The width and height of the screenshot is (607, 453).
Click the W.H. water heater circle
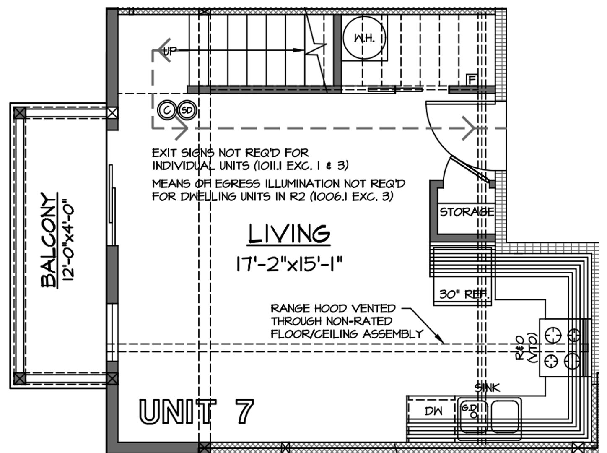tap(364, 37)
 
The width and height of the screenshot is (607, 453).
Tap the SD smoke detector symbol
tap(187, 110)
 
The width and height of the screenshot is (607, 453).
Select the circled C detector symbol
tap(167, 110)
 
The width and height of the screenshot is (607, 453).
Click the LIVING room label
tap(289, 234)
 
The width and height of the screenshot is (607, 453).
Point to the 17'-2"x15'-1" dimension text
tap(289, 264)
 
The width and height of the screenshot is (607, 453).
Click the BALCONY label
tap(49, 240)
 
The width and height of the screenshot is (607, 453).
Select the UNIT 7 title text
tap(196, 411)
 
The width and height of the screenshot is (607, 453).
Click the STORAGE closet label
tap(467, 212)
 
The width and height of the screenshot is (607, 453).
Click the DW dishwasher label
tap(433, 411)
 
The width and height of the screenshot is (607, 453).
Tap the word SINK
tap(488, 388)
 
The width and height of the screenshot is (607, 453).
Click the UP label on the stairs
tap(170, 51)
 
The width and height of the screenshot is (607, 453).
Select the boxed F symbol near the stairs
tap(472, 80)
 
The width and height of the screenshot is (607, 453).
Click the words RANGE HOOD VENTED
tap(333, 308)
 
